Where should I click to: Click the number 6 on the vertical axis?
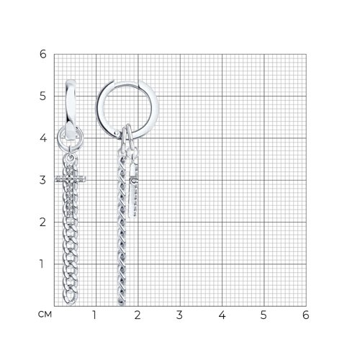pos(42,54)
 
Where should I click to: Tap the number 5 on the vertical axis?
pos(42,96)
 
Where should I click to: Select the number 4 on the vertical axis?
pos(42,138)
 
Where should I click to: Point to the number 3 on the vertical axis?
pos(42,180)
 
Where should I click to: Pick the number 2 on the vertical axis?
pos(42,222)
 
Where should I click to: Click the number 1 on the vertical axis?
pos(42,264)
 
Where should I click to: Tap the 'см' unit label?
pos(45,315)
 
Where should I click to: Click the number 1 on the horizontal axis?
pos(94,315)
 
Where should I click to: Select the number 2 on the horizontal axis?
pos(138,315)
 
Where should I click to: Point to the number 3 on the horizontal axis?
pos(179,315)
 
